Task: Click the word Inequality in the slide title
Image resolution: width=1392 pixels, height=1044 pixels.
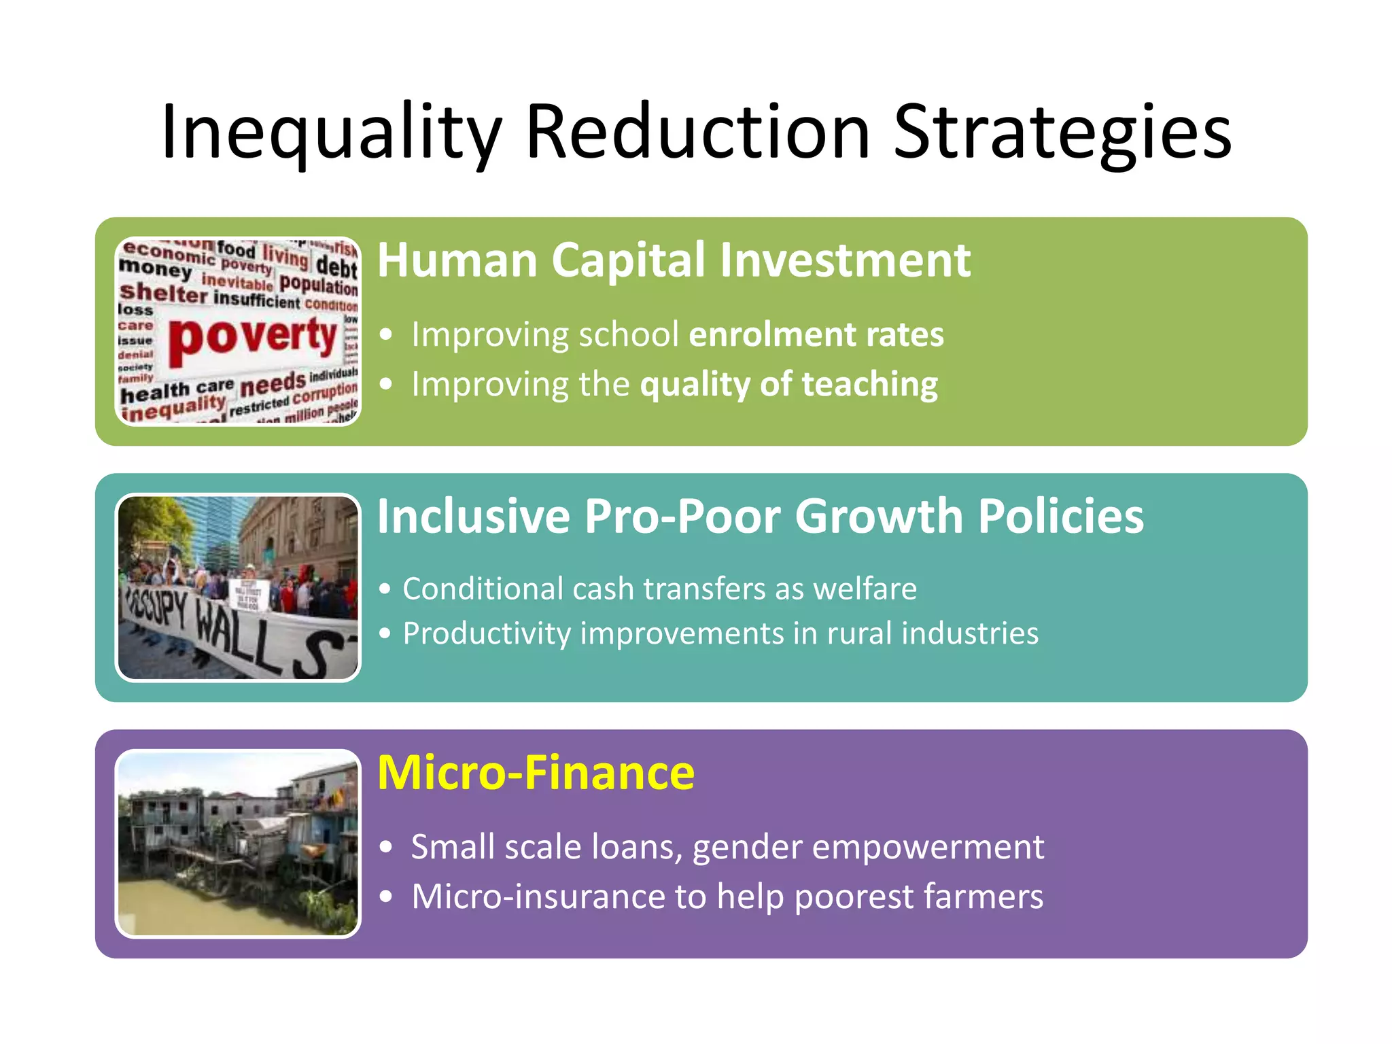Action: point(331,133)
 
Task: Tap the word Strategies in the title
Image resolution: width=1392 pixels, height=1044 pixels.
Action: point(1062,133)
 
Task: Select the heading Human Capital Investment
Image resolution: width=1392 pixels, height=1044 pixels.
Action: point(673,260)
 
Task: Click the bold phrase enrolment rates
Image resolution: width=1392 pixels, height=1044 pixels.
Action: point(816,334)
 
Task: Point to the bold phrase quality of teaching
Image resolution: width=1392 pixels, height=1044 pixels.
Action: point(788,385)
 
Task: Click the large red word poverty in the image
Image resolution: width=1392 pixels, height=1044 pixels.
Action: point(253,338)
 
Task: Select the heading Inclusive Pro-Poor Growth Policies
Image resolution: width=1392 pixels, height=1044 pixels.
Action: point(760,517)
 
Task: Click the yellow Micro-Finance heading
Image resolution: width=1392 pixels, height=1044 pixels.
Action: point(536,773)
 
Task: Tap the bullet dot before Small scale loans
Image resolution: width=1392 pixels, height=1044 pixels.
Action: point(386,848)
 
